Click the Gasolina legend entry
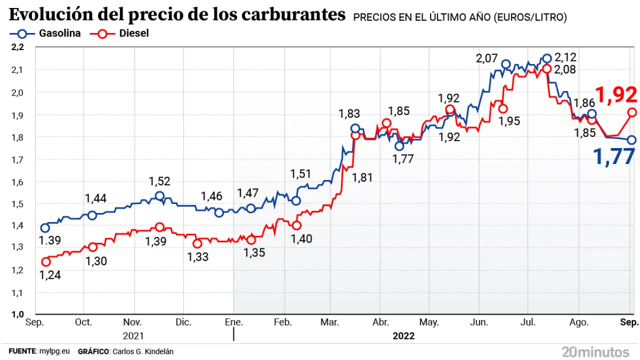point(44,33)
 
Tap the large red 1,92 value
point(616,94)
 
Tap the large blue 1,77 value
point(613,156)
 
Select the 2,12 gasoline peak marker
point(547,58)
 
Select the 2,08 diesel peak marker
point(547,68)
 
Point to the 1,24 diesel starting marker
point(46,261)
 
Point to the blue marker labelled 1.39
point(45,228)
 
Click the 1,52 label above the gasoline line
point(160,181)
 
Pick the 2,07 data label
point(486,58)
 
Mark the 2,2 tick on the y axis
point(18,47)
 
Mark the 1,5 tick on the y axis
point(18,203)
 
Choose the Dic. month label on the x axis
point(183,322)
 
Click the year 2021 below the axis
point(133,336)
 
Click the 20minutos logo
point(595,351)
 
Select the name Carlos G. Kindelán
point(142,351)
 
